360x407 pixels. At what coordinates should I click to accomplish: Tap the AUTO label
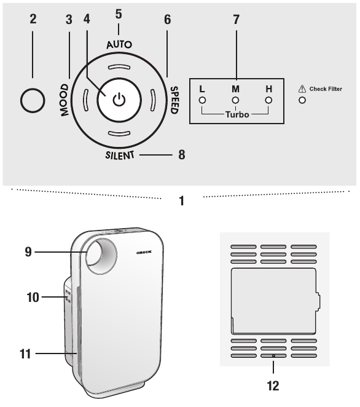119,45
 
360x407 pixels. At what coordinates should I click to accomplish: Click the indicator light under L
202,100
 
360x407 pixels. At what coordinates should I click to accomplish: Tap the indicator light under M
235,100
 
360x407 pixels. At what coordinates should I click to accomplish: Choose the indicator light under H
268,100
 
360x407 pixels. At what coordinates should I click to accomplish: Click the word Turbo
235,115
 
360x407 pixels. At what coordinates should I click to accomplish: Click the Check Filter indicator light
302,100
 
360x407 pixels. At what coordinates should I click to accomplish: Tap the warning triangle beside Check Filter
302,89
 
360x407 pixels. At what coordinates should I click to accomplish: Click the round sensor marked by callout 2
33,100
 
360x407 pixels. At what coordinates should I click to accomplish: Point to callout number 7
235,19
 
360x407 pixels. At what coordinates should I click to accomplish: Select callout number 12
273,386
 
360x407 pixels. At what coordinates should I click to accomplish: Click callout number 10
33,297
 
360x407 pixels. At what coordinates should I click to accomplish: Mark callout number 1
181,200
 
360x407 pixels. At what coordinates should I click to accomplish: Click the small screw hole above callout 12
273,356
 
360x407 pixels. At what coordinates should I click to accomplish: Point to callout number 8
182,155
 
